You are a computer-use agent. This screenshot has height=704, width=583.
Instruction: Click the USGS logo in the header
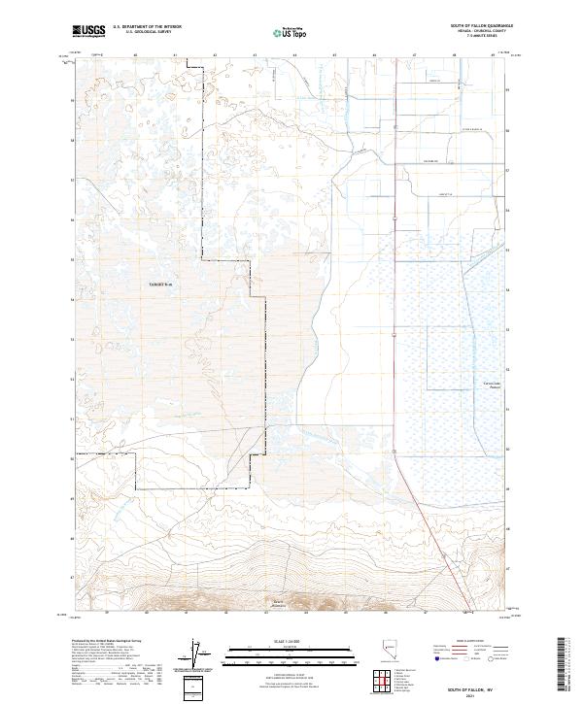(x=88, y=31)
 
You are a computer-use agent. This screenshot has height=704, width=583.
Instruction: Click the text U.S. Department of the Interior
(x=147, y=27)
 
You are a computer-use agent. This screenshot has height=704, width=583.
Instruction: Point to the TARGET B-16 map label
(x=159, y=285)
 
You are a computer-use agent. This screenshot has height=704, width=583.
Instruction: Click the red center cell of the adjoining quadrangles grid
(x=389, y=684)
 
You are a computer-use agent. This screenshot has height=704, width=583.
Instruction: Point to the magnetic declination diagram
(x=201, y=655)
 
